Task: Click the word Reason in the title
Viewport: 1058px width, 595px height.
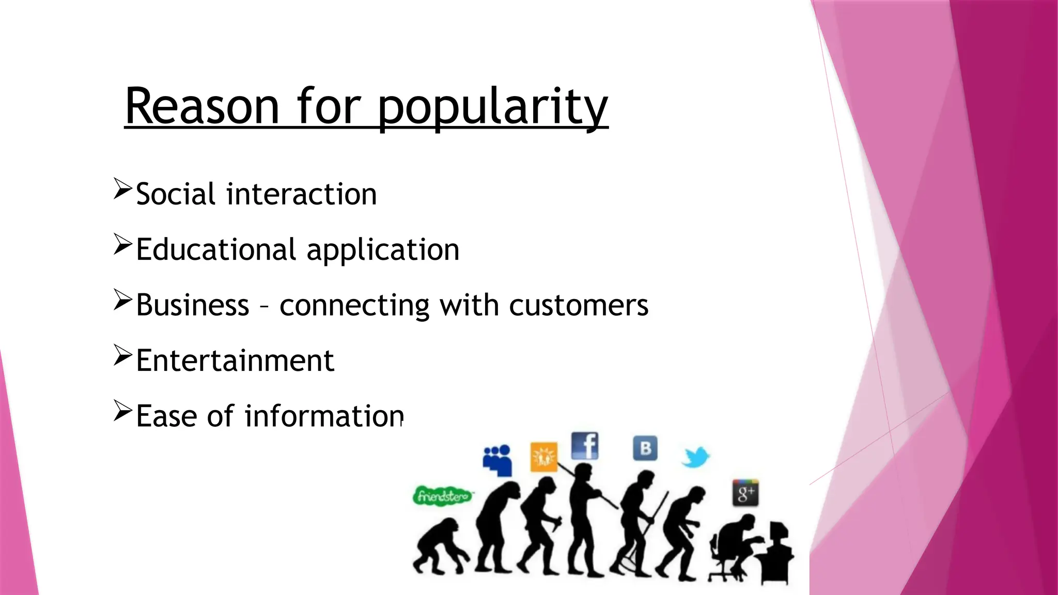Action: [202, 107]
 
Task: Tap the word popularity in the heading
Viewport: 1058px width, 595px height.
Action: [493, 108]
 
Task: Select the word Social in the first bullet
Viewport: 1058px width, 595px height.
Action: [176, 195]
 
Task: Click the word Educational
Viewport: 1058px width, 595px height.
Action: [216, 250]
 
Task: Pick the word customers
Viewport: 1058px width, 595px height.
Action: [579, 306]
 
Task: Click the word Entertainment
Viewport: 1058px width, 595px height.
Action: [235, 361]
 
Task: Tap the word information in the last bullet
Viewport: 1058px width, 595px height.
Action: [324, 416]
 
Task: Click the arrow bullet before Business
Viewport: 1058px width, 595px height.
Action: [123, 300]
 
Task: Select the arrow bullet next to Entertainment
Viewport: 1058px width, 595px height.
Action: [123, 356]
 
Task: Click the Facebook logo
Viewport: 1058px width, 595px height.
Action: [585, 446]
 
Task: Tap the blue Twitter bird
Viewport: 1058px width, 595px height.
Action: [695, 457]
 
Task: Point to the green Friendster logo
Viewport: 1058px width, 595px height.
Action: [443, 496]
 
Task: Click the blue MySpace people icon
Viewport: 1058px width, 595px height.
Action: [497, 460]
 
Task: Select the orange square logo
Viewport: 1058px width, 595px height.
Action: [544, 457]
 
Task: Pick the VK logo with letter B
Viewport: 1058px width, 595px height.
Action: [645, 448]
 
